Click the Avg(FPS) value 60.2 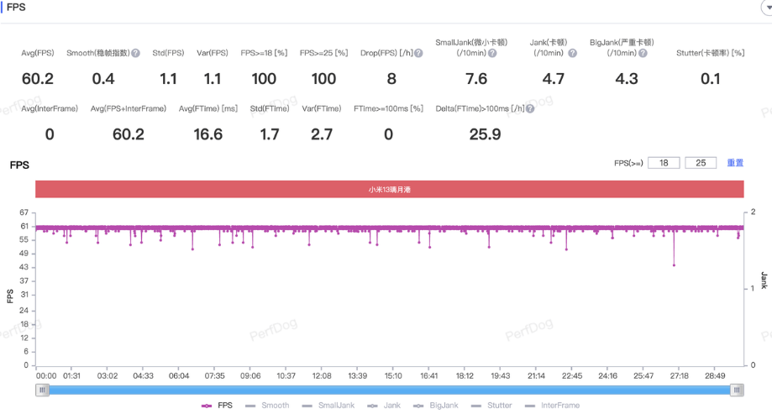[x=37, y=79]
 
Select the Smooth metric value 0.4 [x=103, y=79]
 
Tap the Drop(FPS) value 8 [x=391, y=79]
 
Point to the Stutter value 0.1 [x=711, y=79]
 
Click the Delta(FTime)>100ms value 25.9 [x=485, y=134]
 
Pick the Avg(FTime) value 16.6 [x=207, y=134]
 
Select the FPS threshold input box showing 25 [x=701, y=163]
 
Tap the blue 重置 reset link [x=735, y=163]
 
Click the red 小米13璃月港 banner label [x=389, y=190]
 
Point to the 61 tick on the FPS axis [x=25, y=227]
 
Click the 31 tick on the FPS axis [x=25, y=295]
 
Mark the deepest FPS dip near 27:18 [x=674, y=265]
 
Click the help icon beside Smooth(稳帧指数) [x=135, y=53]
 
